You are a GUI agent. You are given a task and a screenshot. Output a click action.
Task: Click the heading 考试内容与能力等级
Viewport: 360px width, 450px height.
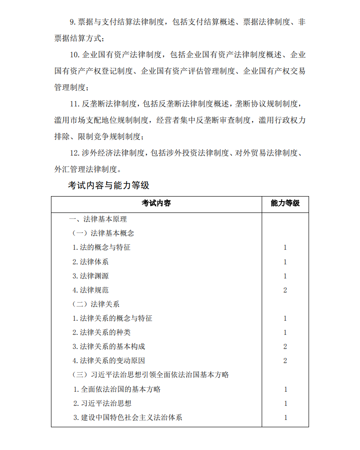tap(108, 185)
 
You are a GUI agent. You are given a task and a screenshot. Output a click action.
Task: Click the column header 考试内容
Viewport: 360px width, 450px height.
tap(156, 203)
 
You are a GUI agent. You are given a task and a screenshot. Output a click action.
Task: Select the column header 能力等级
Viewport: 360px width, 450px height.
tap(285, 203)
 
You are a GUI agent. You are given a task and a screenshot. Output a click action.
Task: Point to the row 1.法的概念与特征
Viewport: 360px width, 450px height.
tap(102, 248)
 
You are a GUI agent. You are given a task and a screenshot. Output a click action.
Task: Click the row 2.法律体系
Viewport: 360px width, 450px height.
tap(91, 262)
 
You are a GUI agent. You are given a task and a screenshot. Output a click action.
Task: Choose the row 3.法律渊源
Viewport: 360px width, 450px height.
tap(91, 276)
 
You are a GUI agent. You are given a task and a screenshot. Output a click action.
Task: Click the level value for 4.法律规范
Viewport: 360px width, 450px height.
tap(285, 290)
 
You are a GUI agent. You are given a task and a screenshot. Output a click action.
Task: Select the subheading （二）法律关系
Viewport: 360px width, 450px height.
tap(96, 304)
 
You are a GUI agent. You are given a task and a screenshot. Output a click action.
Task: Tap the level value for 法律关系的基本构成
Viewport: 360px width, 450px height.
tap(285, 346)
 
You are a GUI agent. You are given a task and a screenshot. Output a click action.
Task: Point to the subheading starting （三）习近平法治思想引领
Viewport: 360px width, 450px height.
tap(150, 375)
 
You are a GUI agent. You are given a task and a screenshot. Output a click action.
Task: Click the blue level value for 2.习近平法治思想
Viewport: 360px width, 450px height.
tap(285, 403)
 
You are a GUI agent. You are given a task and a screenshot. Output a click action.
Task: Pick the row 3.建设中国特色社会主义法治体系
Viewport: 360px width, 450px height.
tap(128, 417)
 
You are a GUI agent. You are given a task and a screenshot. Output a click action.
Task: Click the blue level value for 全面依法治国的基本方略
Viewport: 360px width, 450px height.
tap(285, 389)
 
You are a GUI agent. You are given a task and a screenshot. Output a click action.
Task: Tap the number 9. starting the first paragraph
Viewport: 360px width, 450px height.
tap(72, 21)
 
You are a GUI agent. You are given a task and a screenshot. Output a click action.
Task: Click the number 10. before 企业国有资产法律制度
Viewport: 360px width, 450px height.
tap(75, 55)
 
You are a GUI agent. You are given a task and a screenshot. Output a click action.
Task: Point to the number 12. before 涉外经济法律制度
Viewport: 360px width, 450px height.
tap(75, 152)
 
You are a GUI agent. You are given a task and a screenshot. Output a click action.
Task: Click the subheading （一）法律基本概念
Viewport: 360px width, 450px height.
tap(103, 233)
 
